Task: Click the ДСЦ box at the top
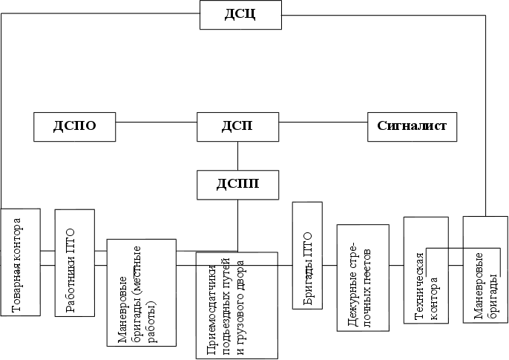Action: (x=240, y=15)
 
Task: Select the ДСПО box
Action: (x=76, y=126)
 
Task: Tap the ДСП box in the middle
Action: (x=238, y=126)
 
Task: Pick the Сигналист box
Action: (x=413, y=126)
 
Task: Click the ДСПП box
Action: (x=238, y=184)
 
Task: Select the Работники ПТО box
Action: (x=74, y=264)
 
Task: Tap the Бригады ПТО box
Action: (x=308, y=255)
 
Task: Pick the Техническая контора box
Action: (x=425, y=270)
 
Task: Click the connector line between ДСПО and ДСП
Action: (x=157, y=127)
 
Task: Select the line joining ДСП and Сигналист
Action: (x=324, y=127)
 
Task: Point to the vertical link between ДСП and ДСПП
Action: (x=238, y=155)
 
